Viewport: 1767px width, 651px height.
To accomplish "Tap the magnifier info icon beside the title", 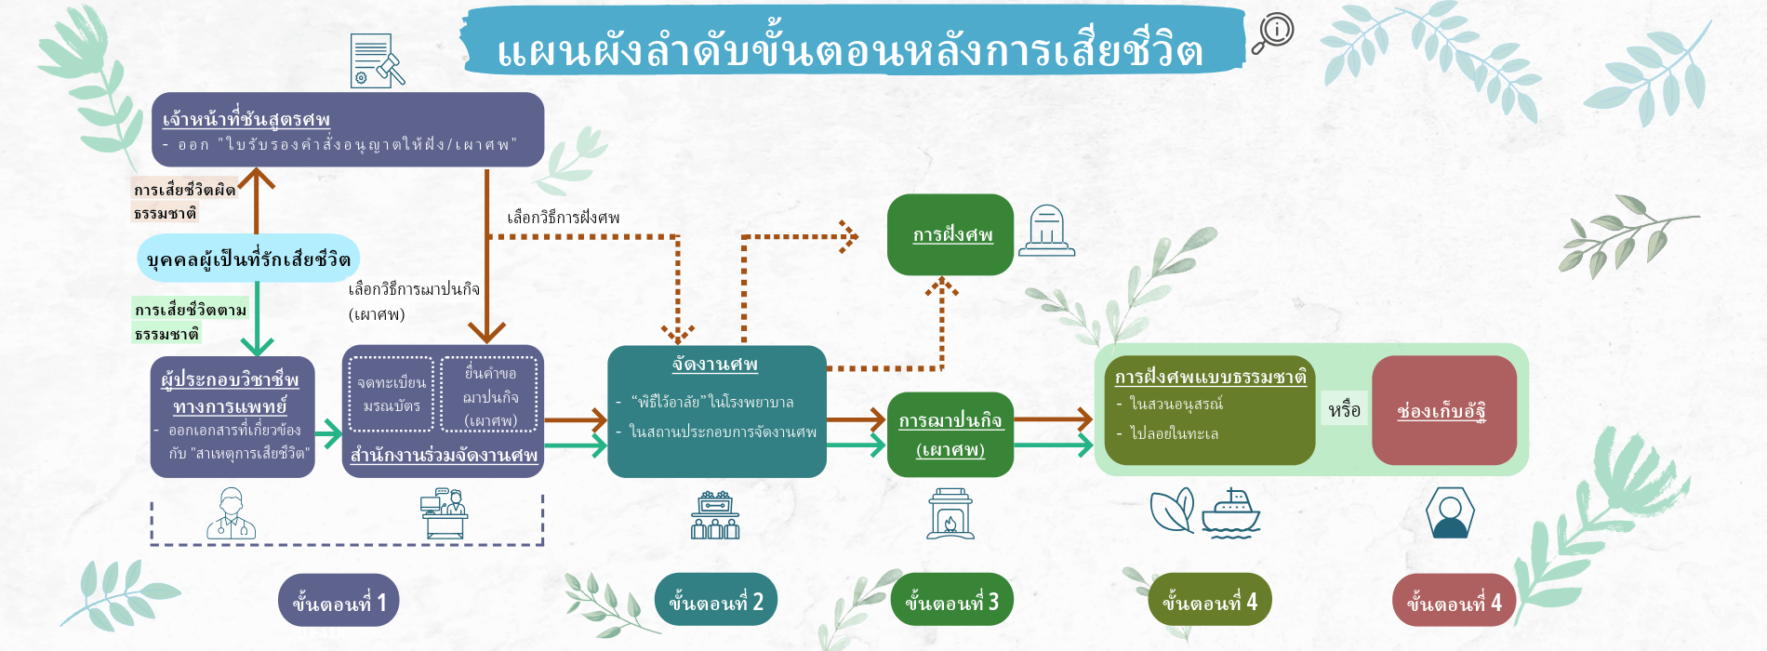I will (x=1271, y=33).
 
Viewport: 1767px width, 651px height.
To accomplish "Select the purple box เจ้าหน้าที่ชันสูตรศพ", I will (x=348, y=129).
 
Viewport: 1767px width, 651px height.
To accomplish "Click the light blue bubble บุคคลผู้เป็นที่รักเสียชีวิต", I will (x=248, y=259).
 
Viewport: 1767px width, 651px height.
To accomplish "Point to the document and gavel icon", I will (x=376, y=61).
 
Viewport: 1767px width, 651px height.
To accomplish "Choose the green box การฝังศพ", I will (x=950, y=234).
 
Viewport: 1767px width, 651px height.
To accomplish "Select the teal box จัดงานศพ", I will (x=716, y=411).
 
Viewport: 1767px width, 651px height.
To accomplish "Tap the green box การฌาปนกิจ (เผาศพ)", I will (x=950, y=434).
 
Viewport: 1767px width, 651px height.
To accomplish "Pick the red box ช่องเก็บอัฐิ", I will (x=1443, y=410).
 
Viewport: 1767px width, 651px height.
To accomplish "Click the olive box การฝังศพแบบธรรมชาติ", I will (x=1209, y=410).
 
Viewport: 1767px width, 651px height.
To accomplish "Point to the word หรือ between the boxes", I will (x=1344, y=410).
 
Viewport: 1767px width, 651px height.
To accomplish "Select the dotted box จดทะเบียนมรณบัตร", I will (x=392, y=394).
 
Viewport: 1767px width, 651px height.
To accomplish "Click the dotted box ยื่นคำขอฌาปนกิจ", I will (x=490, y=395).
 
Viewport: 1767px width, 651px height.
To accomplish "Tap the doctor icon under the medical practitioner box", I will (x=231, y=514).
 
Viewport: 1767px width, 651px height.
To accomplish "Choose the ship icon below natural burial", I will (x=1230, y=513).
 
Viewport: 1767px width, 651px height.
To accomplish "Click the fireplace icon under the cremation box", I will (x=950, y=514).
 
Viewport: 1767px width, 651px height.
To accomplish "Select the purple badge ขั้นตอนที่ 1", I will (x=339, y=601).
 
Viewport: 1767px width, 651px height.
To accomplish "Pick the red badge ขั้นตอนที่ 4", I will (x=1453, y=601).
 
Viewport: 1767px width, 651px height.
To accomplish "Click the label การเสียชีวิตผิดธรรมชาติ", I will (x=183, y=201).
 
